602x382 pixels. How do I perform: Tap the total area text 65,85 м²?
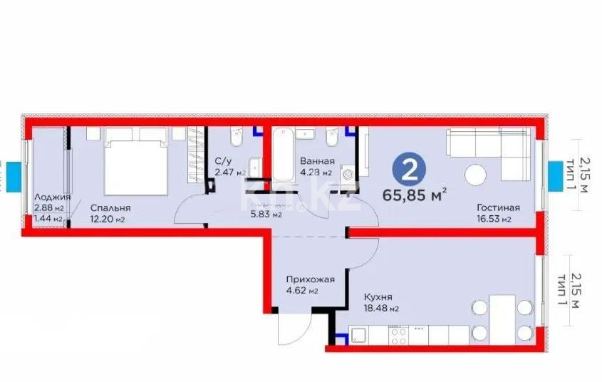pyautogui.click(x=425, y=193)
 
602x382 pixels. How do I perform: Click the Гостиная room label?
pyautogui.click(x=498, y=208)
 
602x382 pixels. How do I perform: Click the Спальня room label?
pyautogui.click(x=110, y=208)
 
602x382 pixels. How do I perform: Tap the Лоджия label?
pyautogui.click(x=52, y=197)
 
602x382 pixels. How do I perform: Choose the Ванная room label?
pyautogui.click(x=316, y=161)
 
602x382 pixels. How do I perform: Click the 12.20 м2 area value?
pyautogui.click(x=108, y=220)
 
